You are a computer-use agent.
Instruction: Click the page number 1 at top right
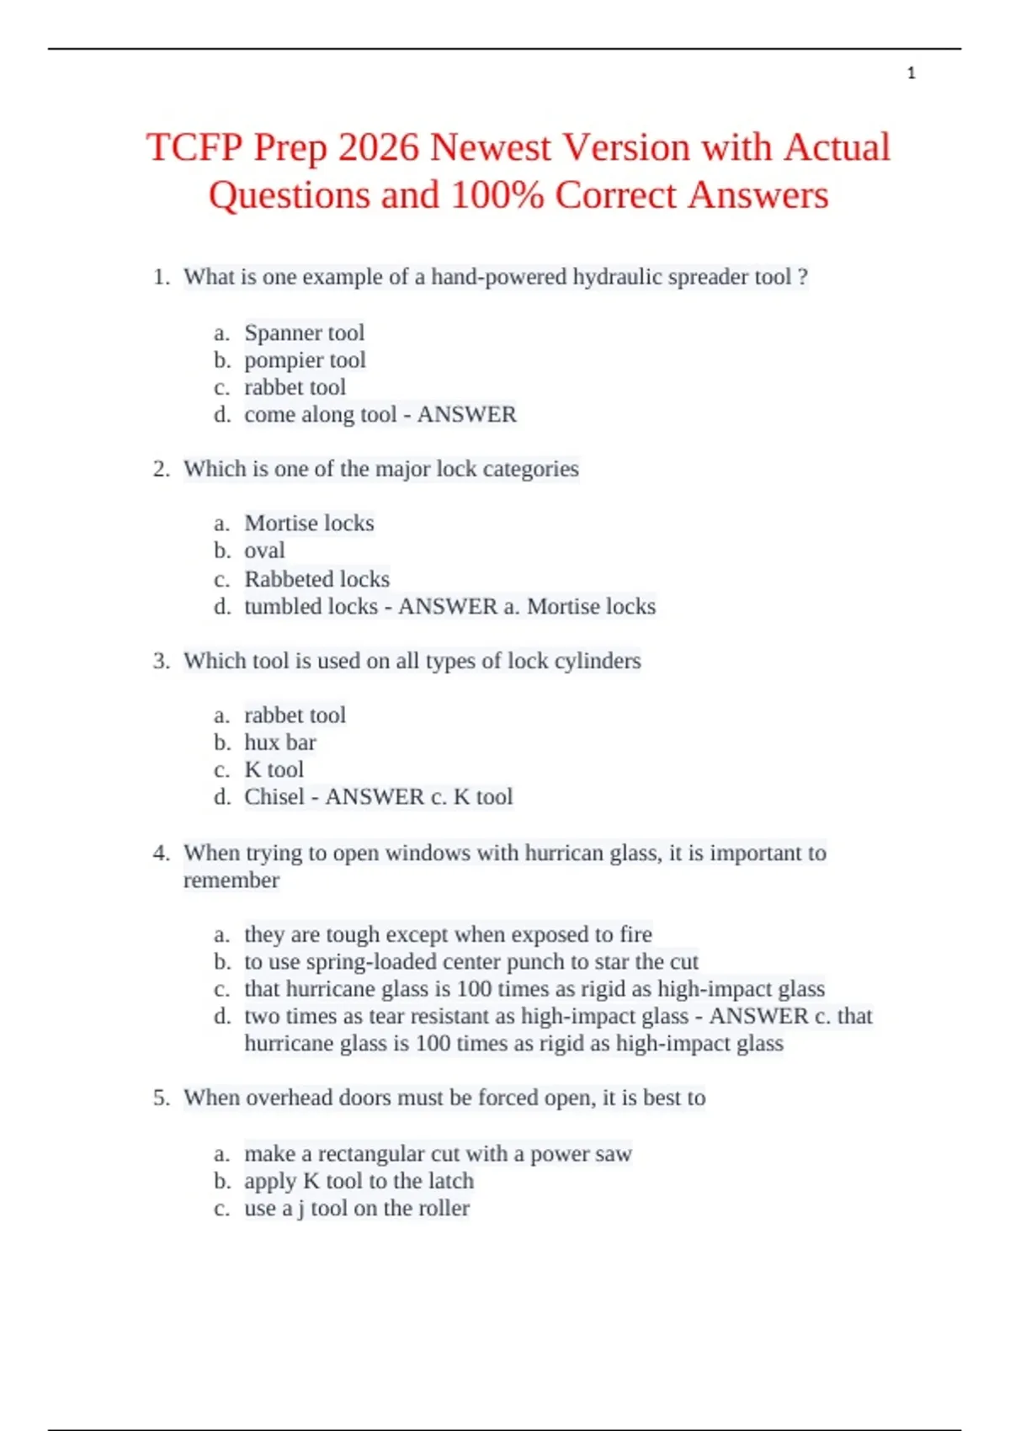pyautogui.click(x=911, y=74)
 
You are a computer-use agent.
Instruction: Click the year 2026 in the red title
pyautogui.click(x=378, y=148)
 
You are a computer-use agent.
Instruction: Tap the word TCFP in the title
pyautogui.click(x=194, y=148)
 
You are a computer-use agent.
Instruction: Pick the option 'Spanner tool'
pyautogui.click(x=304, y=333)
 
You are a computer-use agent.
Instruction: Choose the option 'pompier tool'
pyautogui.click(x=305, y=360)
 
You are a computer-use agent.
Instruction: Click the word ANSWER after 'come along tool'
pyautogui.click(x=467, y=414)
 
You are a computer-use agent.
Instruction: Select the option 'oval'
pyautogui.click(x=264, y=551)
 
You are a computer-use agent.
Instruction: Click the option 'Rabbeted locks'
pyautogui.click(x=316, y=579)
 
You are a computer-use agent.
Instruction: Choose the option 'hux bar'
pyautogui.click(x=279, y=742)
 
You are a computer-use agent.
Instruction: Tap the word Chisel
pyautogui.click(x=274, y=796)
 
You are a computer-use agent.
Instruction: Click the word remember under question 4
pyautogui.click(x=231, y=880)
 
